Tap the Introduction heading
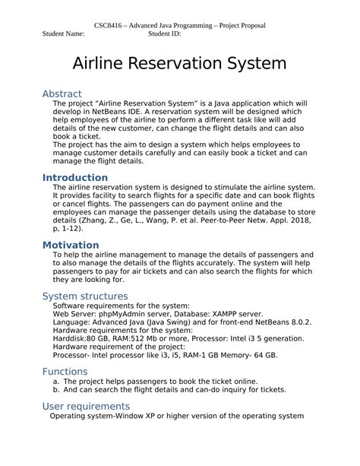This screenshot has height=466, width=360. [x=74, y=178]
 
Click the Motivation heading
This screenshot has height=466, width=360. [x=71, y=245]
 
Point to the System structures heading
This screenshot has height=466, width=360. [x=85, y=296]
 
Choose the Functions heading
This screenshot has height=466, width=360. [x=65, y=372]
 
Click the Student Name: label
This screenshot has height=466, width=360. [x=64, y=34]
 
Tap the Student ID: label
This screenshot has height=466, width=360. [x=164, y=34]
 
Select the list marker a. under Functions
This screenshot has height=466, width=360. [x=57, y=381]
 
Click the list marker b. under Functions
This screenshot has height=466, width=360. [x=57, y=389]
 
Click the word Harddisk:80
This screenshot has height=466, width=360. [x=78, y=338]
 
